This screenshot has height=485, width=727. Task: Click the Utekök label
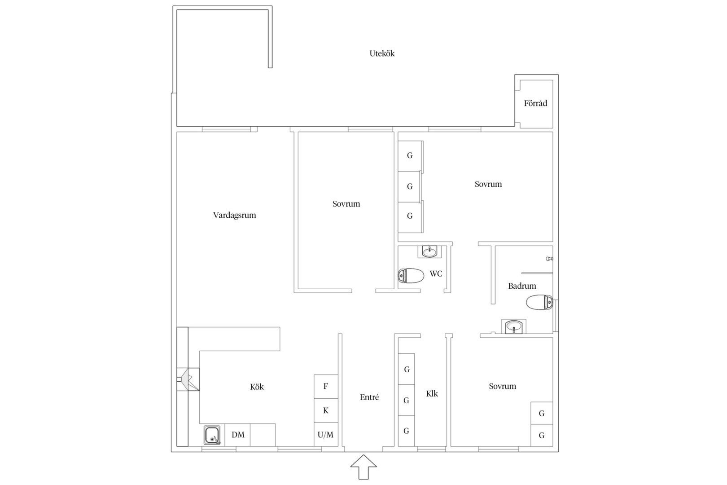(382, 53)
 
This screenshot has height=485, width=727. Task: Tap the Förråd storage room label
(535, 103)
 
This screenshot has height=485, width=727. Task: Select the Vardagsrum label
(235, 215)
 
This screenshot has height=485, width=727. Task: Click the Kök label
(257, 387)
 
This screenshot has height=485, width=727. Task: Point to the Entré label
(369, 397)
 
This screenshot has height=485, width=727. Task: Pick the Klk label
(432, 394)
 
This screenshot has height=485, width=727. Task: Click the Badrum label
(522, 286)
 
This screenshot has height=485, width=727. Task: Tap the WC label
(436, 274)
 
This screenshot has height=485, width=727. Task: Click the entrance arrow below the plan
(363, 467)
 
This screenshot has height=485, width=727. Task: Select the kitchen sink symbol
(212, 435)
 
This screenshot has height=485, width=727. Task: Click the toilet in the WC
(411, 276)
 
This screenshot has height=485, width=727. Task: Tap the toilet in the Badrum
(539, 302)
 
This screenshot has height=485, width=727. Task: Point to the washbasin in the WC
(430, 252)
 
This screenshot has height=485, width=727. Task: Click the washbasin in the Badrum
(514, 326)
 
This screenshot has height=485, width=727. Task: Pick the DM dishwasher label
(238, 435)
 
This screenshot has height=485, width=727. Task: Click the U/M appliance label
(325, 435)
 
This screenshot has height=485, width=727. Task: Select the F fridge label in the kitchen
(325, 386)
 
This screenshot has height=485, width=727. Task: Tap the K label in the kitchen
(326, 410)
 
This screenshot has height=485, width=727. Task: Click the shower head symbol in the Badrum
(549, 259)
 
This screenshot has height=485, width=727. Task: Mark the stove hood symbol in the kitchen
(188, 379)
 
